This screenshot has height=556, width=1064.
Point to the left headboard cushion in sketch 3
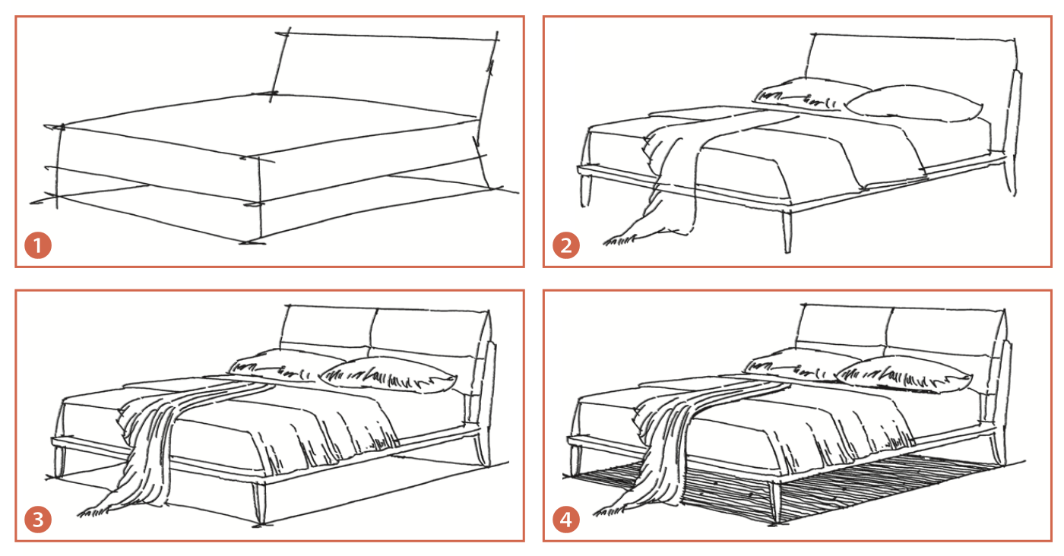(x=327, y=327)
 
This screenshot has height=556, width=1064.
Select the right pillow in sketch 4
(x=904, y=374)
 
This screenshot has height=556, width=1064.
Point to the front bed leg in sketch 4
(x=776, y=501)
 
